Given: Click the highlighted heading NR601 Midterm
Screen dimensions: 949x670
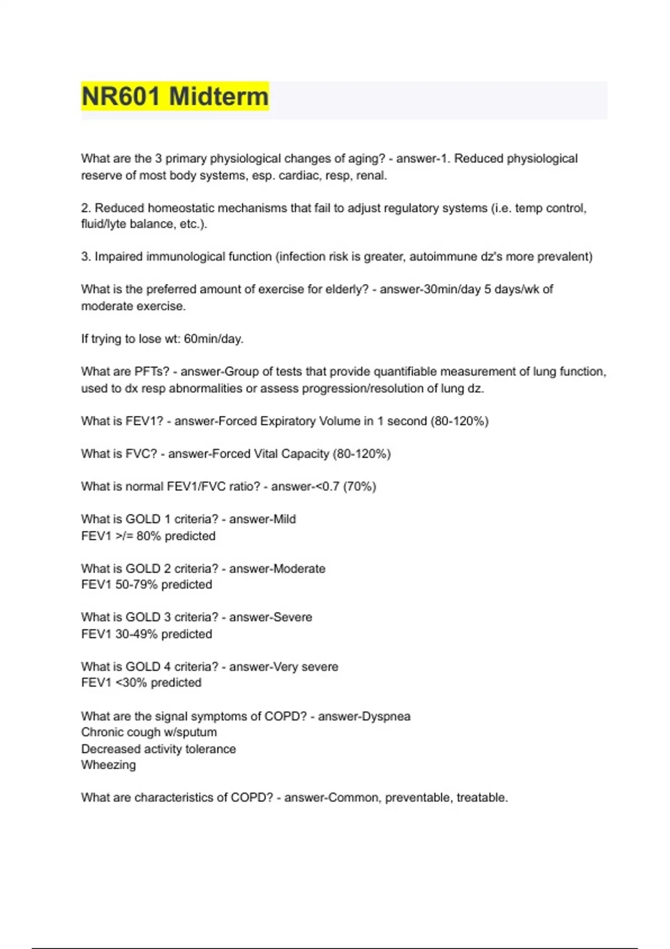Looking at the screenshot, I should (175, 96).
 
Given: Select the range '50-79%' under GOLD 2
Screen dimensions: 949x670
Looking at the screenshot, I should (136, 584).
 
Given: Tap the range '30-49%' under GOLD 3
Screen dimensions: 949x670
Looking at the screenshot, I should (136, 634).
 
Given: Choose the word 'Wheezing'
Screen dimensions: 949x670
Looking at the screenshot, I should (108, 765).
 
